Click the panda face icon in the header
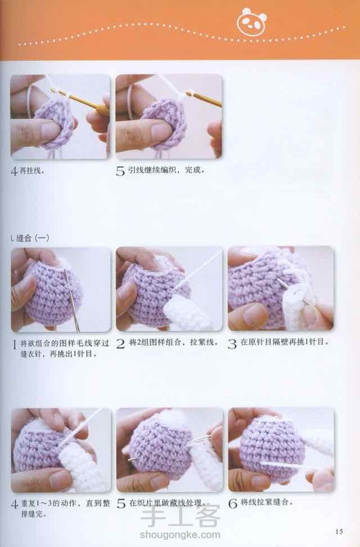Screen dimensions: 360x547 coord(251,22)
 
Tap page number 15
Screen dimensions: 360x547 coord(339,531)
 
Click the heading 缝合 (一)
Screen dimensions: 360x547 coord(30,238)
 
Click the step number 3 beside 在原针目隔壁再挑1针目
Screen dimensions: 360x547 coord(233,344)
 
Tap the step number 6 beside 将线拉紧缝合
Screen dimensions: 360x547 coord(233,503)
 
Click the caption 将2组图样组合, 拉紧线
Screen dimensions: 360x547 coord(174,342)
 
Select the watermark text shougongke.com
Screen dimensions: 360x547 coord(180,535)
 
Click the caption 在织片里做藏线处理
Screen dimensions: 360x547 coord(166,503)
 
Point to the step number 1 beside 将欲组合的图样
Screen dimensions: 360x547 coord(15,345)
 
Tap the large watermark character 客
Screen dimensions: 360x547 coord(208,515)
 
